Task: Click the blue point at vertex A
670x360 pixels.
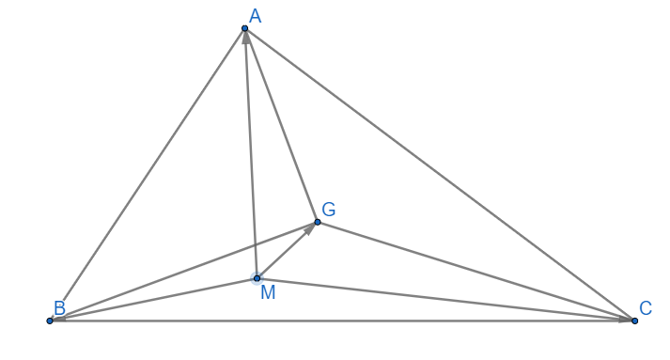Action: point(245,28)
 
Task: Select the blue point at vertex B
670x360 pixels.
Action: point(50,321)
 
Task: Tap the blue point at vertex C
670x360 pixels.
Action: point(634,321)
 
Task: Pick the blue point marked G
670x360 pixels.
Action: point(318,222)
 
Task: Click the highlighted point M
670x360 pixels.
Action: point(257,278)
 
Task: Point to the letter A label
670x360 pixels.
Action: point(255,16)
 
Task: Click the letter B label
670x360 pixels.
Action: point(59,308)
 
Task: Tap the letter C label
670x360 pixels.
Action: point(646,308)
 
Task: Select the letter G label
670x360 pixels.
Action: point(329,210)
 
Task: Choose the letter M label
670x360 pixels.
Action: point(268,293)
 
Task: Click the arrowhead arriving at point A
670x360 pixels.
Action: point(246,38)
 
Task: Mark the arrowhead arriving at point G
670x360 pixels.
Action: point(310,228)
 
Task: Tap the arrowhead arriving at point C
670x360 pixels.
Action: point(626,320)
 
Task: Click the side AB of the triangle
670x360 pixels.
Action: point(148,175)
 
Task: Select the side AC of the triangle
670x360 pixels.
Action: point(440,175)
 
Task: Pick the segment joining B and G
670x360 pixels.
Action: point(184,272)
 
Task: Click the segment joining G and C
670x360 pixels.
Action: point(476,272)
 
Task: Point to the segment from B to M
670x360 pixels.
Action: point(153,300)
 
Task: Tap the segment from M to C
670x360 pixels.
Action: point(445,300)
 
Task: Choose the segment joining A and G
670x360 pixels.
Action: point(281,125)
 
